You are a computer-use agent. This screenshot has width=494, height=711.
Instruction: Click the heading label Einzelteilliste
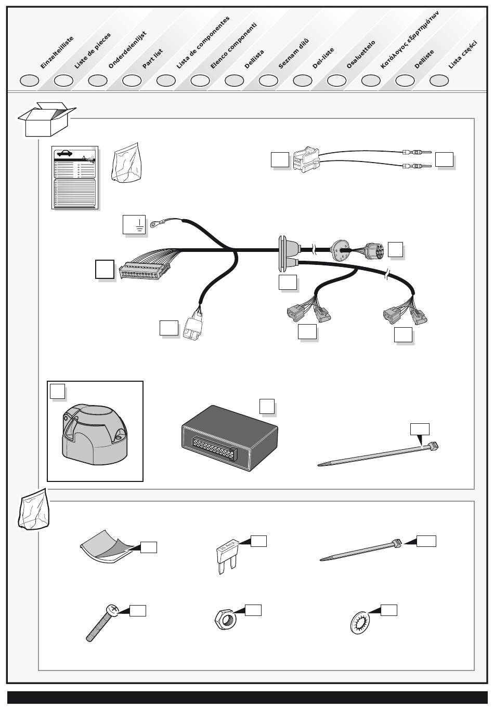[x=57, y=52]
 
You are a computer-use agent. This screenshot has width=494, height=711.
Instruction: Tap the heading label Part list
[x=152, y=58]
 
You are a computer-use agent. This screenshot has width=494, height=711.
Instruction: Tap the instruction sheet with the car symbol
[x=75, y=178]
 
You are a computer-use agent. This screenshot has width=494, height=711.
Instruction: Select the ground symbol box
[x=134, y=224]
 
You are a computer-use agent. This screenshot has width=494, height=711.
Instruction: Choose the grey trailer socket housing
[x=94, y=431]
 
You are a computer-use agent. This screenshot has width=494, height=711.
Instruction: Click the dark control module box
[x=229, y=437]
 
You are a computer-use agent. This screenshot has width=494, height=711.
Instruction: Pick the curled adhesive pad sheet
[x=109, y=547]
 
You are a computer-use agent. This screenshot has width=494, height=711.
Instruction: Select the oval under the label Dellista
[x=235, y=81]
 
